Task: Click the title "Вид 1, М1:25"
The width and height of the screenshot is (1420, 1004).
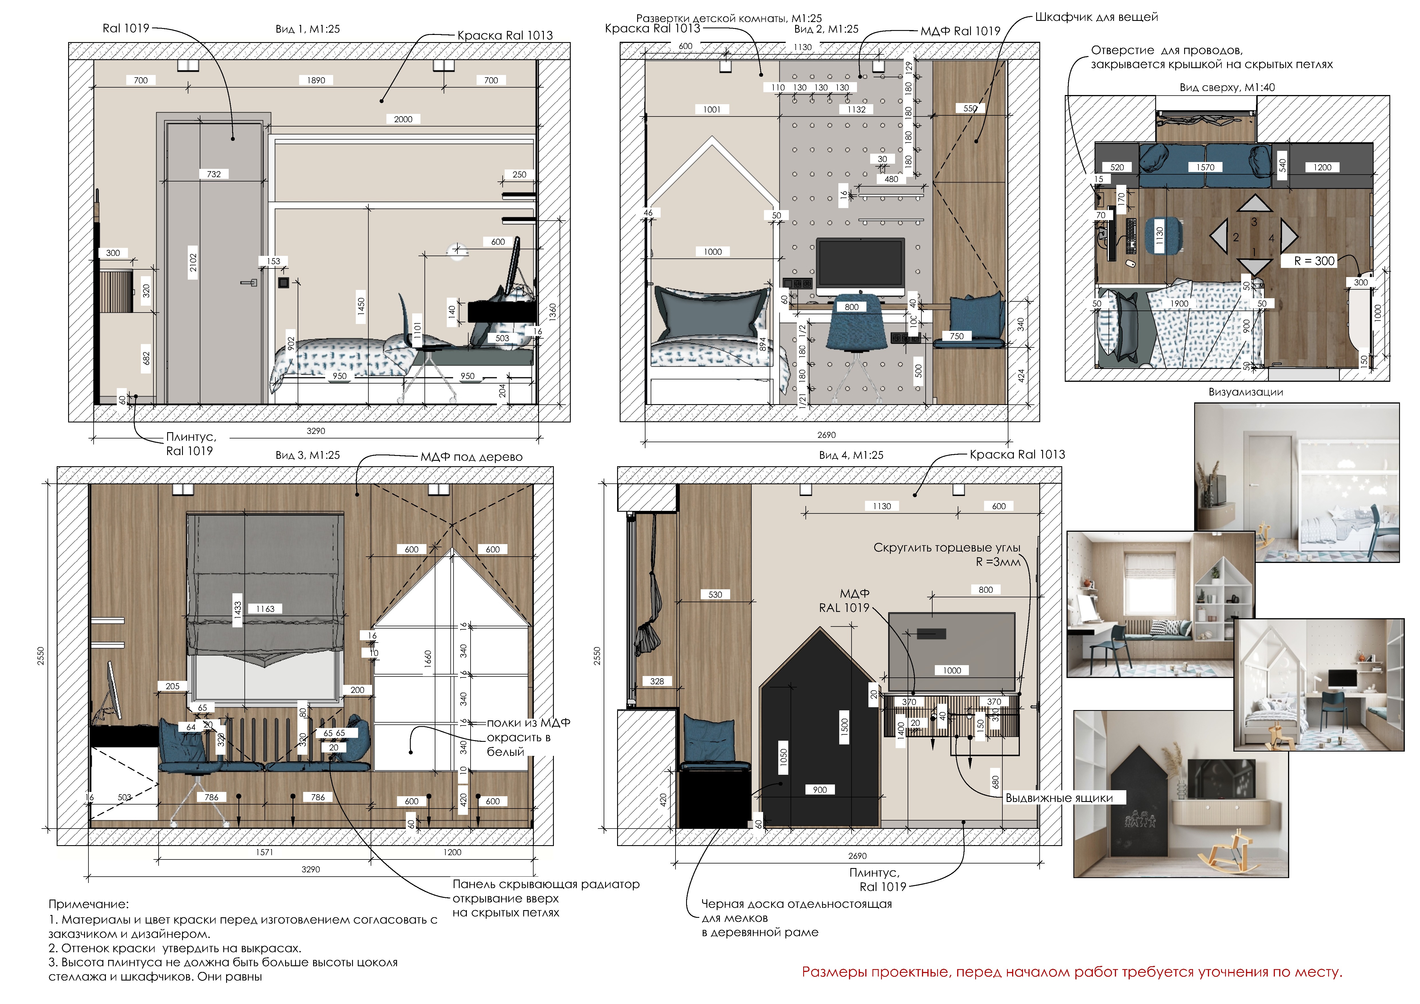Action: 307,29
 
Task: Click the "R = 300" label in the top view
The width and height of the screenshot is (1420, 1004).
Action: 1314,261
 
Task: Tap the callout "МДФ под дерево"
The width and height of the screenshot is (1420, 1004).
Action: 471,457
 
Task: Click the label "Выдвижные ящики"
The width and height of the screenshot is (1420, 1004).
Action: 1059,798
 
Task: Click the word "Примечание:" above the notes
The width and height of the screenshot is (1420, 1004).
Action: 88,904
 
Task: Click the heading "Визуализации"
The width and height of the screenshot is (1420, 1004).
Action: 1246,392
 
